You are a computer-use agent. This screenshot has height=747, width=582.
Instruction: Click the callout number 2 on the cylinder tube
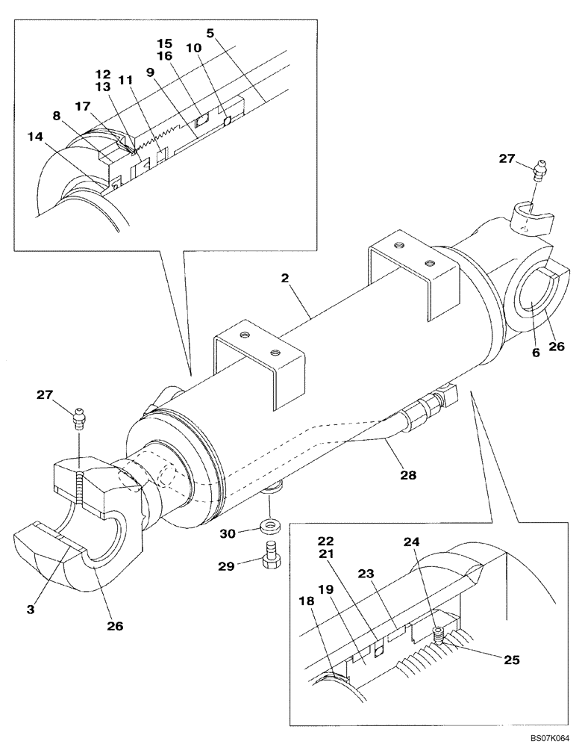(x=287, y=279)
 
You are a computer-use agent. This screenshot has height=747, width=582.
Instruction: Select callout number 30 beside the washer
(x=228, y=533)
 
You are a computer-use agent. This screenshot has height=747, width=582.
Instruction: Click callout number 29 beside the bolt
(x=228, y=566)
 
